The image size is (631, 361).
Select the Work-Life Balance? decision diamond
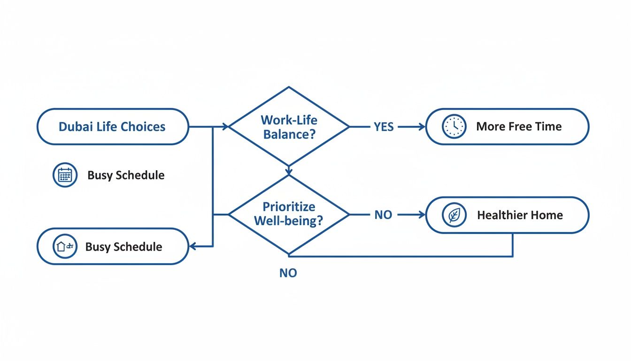pyautogui.click(x=289, y=127)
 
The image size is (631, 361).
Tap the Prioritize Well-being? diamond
pyautogui.click(x=289, y=214)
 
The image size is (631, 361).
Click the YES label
pyautogui.click(x=384, y=127)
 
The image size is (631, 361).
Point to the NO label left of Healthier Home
pyautogui.click(x=384, y=215)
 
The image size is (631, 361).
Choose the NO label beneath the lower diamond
pyautogui.click(x=288, y=273)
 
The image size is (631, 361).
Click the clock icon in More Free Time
pyautogui.click(x=454, y=127)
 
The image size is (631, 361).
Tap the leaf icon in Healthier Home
pyautogui.click(x=454, y=215)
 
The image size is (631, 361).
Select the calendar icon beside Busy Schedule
pyautogui.click(x=65, y=175)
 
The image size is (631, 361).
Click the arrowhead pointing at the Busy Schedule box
pyautogui.click(x=192, y=246)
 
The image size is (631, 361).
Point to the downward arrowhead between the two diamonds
pyautogui.click(x=289, y=170)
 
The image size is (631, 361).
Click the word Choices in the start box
pyautogui.click(x=143, y=127)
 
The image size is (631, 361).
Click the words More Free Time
pyautogui.click(x=519, y=126)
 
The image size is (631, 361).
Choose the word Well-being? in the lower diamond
pyautogui.click(x=289, y=221)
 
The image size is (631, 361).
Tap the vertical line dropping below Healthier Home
pyautogui.click(x=512, y=245)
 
